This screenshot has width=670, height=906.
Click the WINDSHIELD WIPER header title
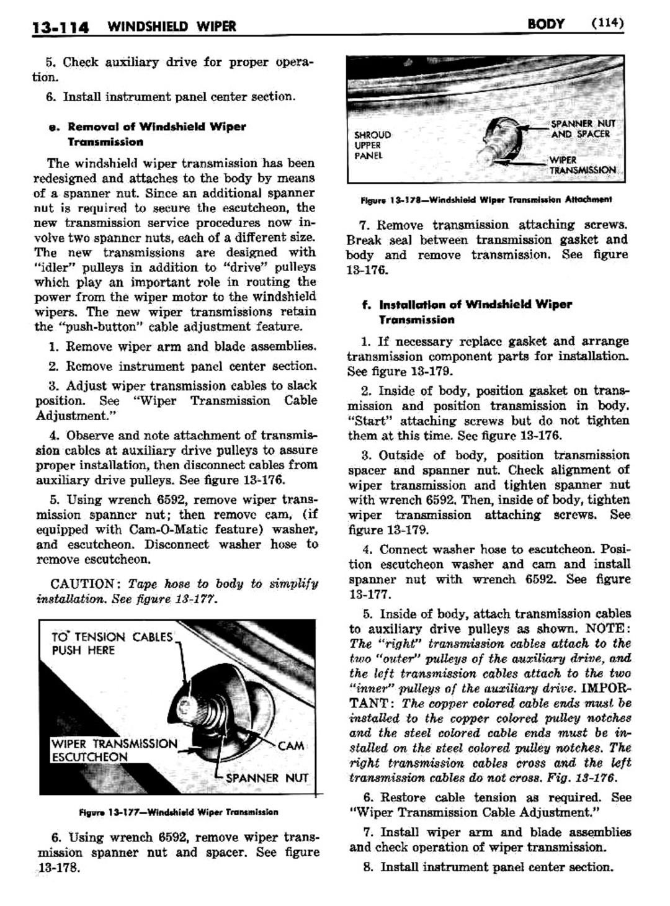click(x=171, y=26)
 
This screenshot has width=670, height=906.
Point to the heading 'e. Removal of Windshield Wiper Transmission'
click(x=156, y=134)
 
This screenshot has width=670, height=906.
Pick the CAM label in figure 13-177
click(x=290, y=745)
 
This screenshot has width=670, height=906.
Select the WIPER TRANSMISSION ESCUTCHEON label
click(x=114, y=750)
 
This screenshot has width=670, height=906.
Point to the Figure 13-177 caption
click(x=179, y=812)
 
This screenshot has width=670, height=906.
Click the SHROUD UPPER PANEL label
click(x=372, y=145)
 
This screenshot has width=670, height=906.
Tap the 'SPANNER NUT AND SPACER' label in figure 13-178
click(x=582, y=128)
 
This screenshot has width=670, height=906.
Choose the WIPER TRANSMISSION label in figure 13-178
click(x=582, y=164)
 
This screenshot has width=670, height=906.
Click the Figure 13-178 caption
click(x=486, y=200)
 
